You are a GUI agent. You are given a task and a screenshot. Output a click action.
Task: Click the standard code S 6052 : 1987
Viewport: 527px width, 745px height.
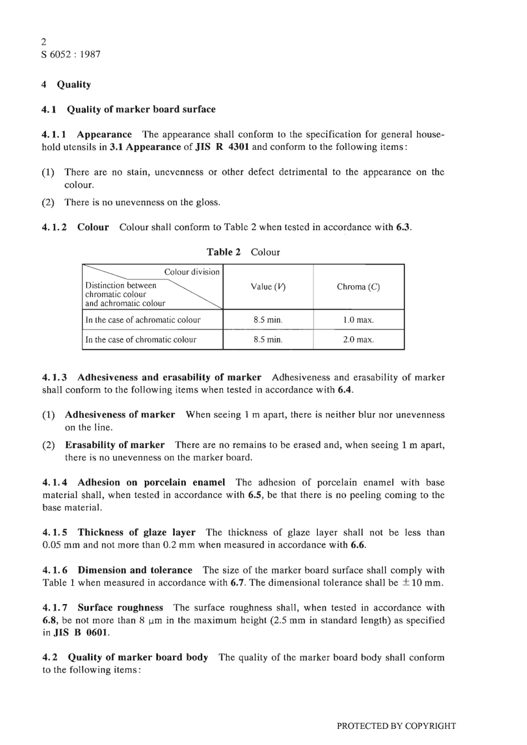(x=71, y=54)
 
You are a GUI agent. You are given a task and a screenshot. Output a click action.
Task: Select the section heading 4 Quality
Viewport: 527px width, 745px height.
(x=67, y=84)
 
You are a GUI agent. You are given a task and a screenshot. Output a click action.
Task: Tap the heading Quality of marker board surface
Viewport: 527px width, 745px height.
(x=141, y=109)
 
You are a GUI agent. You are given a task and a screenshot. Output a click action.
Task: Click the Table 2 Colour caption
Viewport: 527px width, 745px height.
(x=243, y=252)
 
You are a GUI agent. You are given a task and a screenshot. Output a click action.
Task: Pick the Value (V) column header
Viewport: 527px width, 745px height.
(x=268, y=287)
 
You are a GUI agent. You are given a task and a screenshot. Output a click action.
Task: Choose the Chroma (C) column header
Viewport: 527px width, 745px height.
(x=358, y=287)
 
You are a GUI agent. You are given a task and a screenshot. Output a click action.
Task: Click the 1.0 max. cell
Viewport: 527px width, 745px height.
(x=358, y=320)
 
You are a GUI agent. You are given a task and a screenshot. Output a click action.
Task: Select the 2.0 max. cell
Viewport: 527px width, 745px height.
(x=358, y=339)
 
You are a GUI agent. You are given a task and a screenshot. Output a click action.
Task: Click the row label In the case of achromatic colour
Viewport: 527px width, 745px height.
(x=143, y=320)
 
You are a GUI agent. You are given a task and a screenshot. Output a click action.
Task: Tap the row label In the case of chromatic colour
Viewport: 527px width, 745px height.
(x=141, y=339)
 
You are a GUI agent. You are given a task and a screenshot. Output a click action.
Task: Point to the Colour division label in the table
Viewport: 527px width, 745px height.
(x=192, y=272)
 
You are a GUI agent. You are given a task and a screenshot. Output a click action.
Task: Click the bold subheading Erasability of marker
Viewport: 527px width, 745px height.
(x=115, y=445)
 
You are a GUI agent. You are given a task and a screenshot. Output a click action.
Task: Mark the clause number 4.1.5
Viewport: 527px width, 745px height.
(x=55, y=533)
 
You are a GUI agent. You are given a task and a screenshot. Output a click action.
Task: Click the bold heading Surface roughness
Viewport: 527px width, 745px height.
(x=120, y=608)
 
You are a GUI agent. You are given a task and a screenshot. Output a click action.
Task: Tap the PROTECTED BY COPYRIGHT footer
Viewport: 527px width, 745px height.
(x=396, y=726)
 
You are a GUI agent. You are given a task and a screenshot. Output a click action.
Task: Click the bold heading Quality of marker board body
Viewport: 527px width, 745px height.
(x=138, y=657)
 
